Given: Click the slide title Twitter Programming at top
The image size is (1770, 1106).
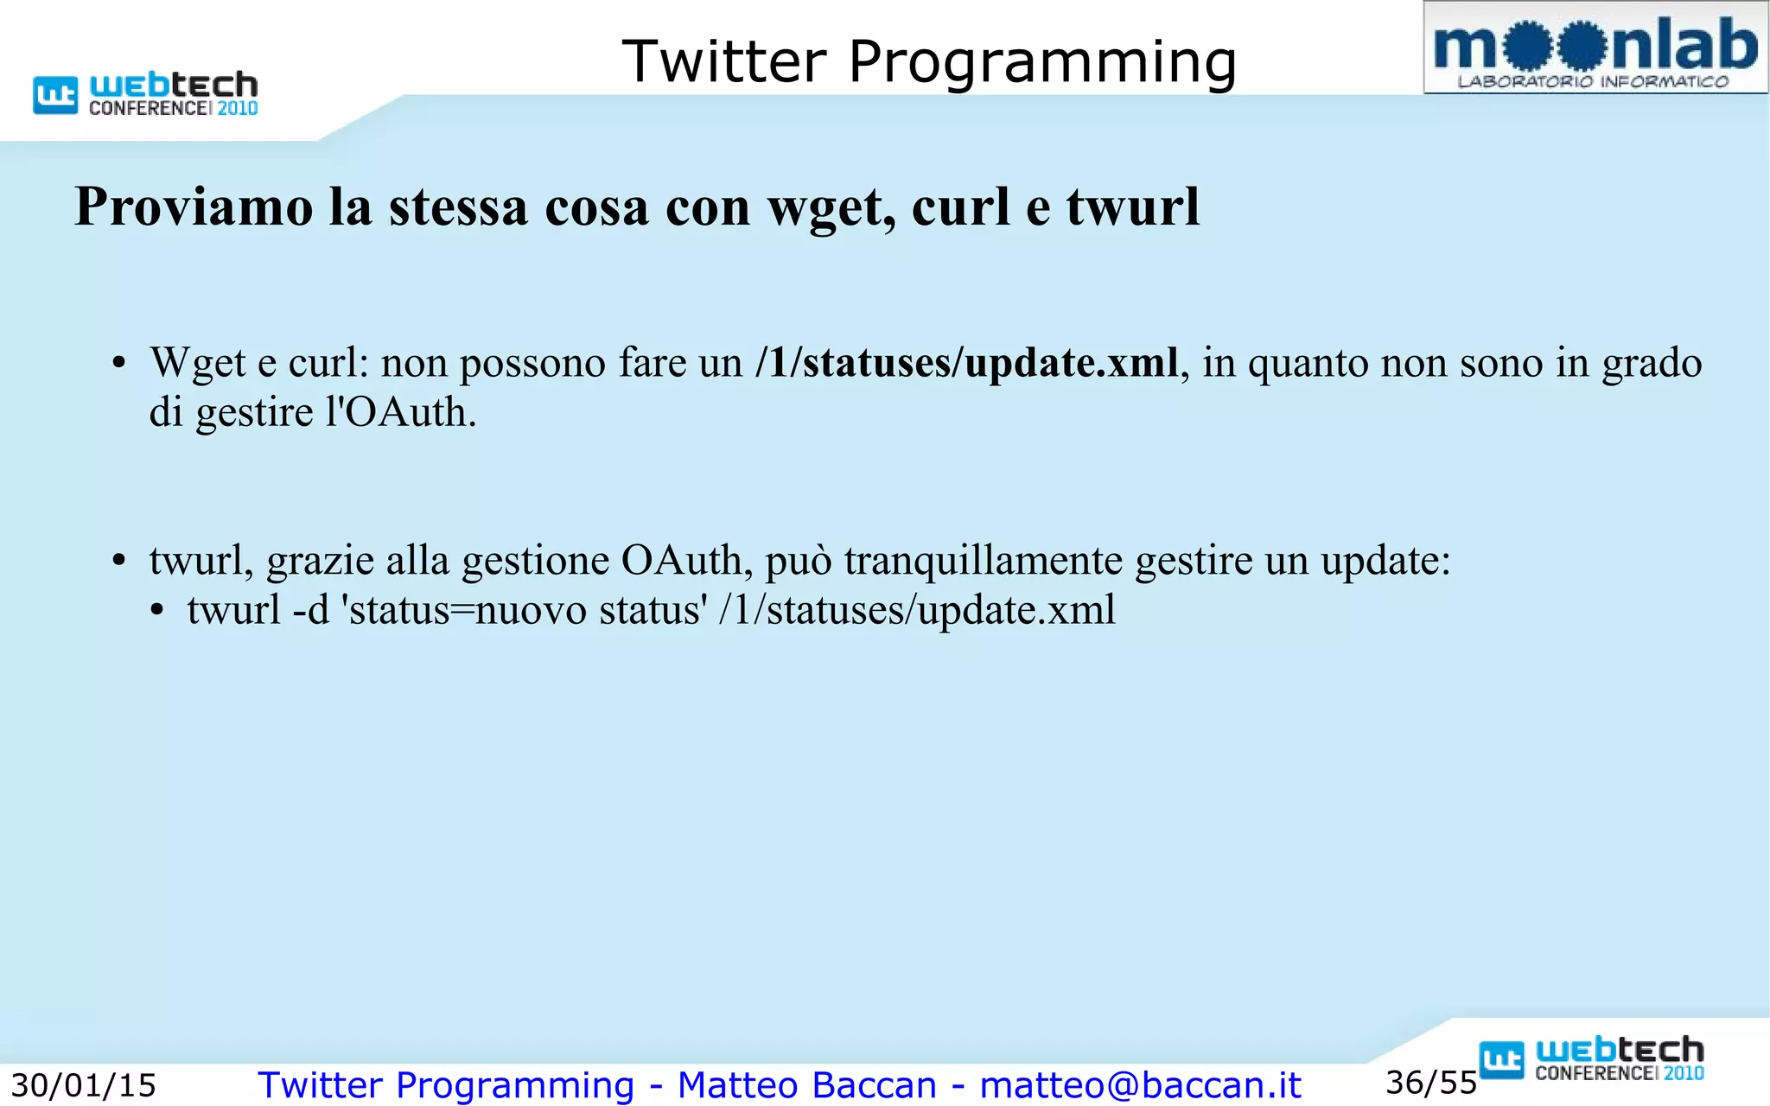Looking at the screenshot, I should (x=929, y=62).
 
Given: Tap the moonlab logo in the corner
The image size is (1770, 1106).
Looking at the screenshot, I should (x=1595, y=48).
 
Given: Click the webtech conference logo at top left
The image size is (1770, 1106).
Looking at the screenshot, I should (x=146, y=94).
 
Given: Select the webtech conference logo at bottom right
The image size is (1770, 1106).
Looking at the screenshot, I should (x=1591, y=1059).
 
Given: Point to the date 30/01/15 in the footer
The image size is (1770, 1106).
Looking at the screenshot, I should (x=83, y=1085).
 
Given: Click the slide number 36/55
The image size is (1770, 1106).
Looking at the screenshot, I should (x=1431, y=1083).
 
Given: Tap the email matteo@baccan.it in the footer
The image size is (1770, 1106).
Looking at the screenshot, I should (x=1140, y=1085).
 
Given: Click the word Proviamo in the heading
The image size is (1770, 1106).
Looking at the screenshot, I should (x=194, y=207).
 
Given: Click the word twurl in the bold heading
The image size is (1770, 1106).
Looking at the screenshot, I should (x=1133, y=207).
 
